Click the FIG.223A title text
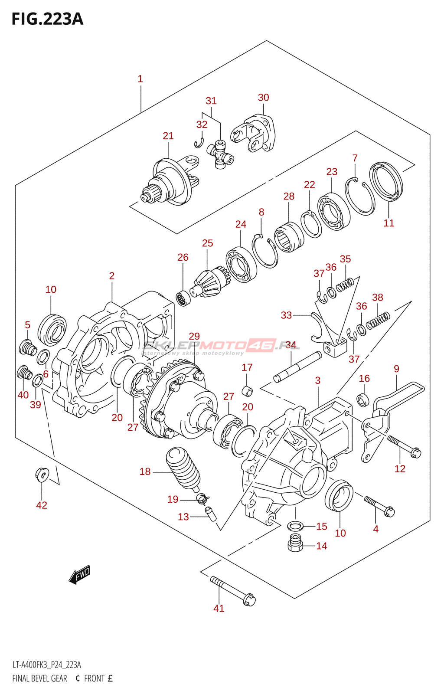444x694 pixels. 47,19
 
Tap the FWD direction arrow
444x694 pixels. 80,575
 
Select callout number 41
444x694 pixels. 219,609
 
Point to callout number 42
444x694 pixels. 42,505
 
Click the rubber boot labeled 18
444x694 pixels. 183,468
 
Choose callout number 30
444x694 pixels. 264,98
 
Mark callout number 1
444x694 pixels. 140,79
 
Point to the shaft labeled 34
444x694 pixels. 297,367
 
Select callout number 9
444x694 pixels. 396,369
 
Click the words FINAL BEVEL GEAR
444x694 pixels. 40,678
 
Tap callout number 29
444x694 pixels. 194,336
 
